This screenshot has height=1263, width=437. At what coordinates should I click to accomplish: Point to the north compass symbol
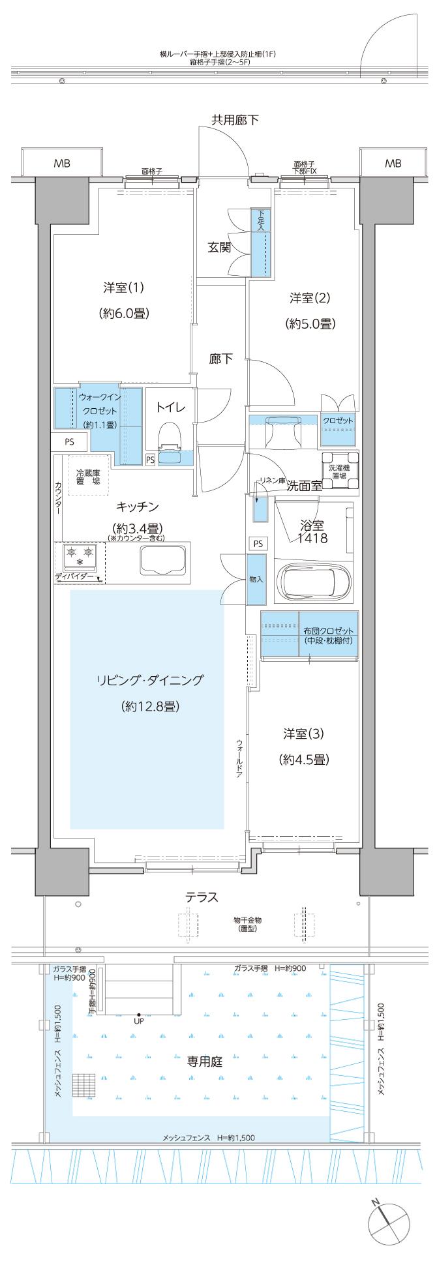(x=386, y=1217)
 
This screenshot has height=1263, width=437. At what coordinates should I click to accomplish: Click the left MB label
(x=63, y=164)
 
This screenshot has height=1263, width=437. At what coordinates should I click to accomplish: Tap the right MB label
(x=393, y=164)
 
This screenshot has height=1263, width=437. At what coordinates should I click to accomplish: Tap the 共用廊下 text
(x=234, y=119)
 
